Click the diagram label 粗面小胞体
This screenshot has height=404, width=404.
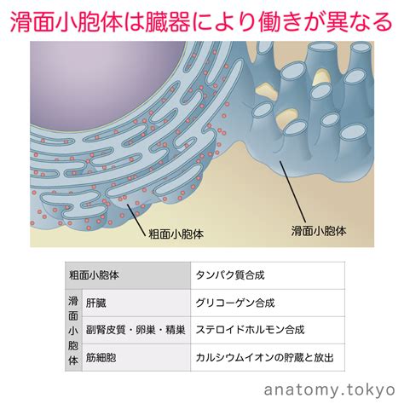pyautogui.click(x=176, y=234)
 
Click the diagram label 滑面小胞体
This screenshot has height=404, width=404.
pyautogui.click(x=319, y=231)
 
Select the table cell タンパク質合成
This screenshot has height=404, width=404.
pyautogui.click(x=268, y=275)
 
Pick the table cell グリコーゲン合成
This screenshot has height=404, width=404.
pyautogui.click(x=268, y=303)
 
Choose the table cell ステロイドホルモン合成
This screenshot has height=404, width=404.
pyautogui.click(x=268, y=330)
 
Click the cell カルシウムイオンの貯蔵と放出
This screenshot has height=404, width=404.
pyautogui.click(x=268, y=357)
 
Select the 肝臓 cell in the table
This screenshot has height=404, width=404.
pyautogui.click(x=136, y=303)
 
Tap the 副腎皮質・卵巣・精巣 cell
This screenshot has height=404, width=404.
pyautogui.click(x=136, y=330)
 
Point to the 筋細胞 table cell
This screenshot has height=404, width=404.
pyautogui.click(x=136, y=357)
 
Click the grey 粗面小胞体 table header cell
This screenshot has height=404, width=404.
pyautogui.click(x=128, y=275)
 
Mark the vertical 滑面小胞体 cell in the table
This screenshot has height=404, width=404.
pyautogui.click(x=73, y=330)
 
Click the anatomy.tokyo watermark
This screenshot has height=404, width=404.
pyautogui.click(x=330, y=390)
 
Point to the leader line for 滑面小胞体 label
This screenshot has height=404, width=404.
pyautogui.click(x=292, y=192)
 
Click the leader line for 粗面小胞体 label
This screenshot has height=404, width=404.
pyautogui.click(x=136, y=220)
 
